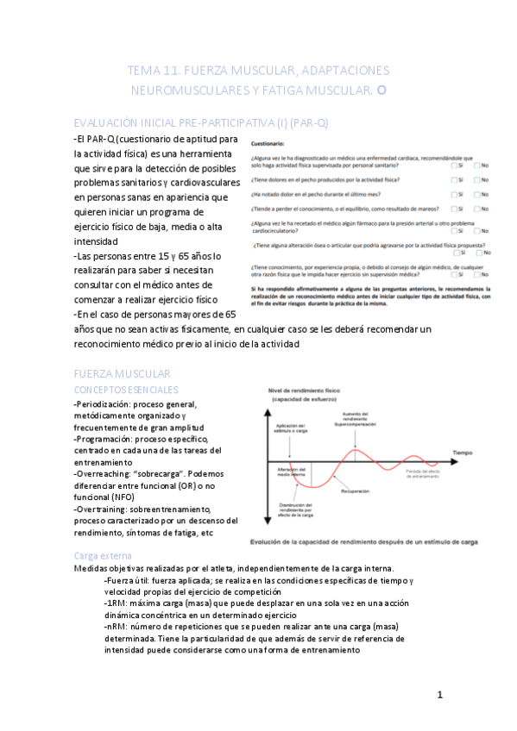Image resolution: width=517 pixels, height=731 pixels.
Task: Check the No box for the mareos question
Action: [477, 209]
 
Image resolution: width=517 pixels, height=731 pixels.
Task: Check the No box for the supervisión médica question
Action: [477, 275]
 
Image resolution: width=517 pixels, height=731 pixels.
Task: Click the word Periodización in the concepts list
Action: [106, 403]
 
